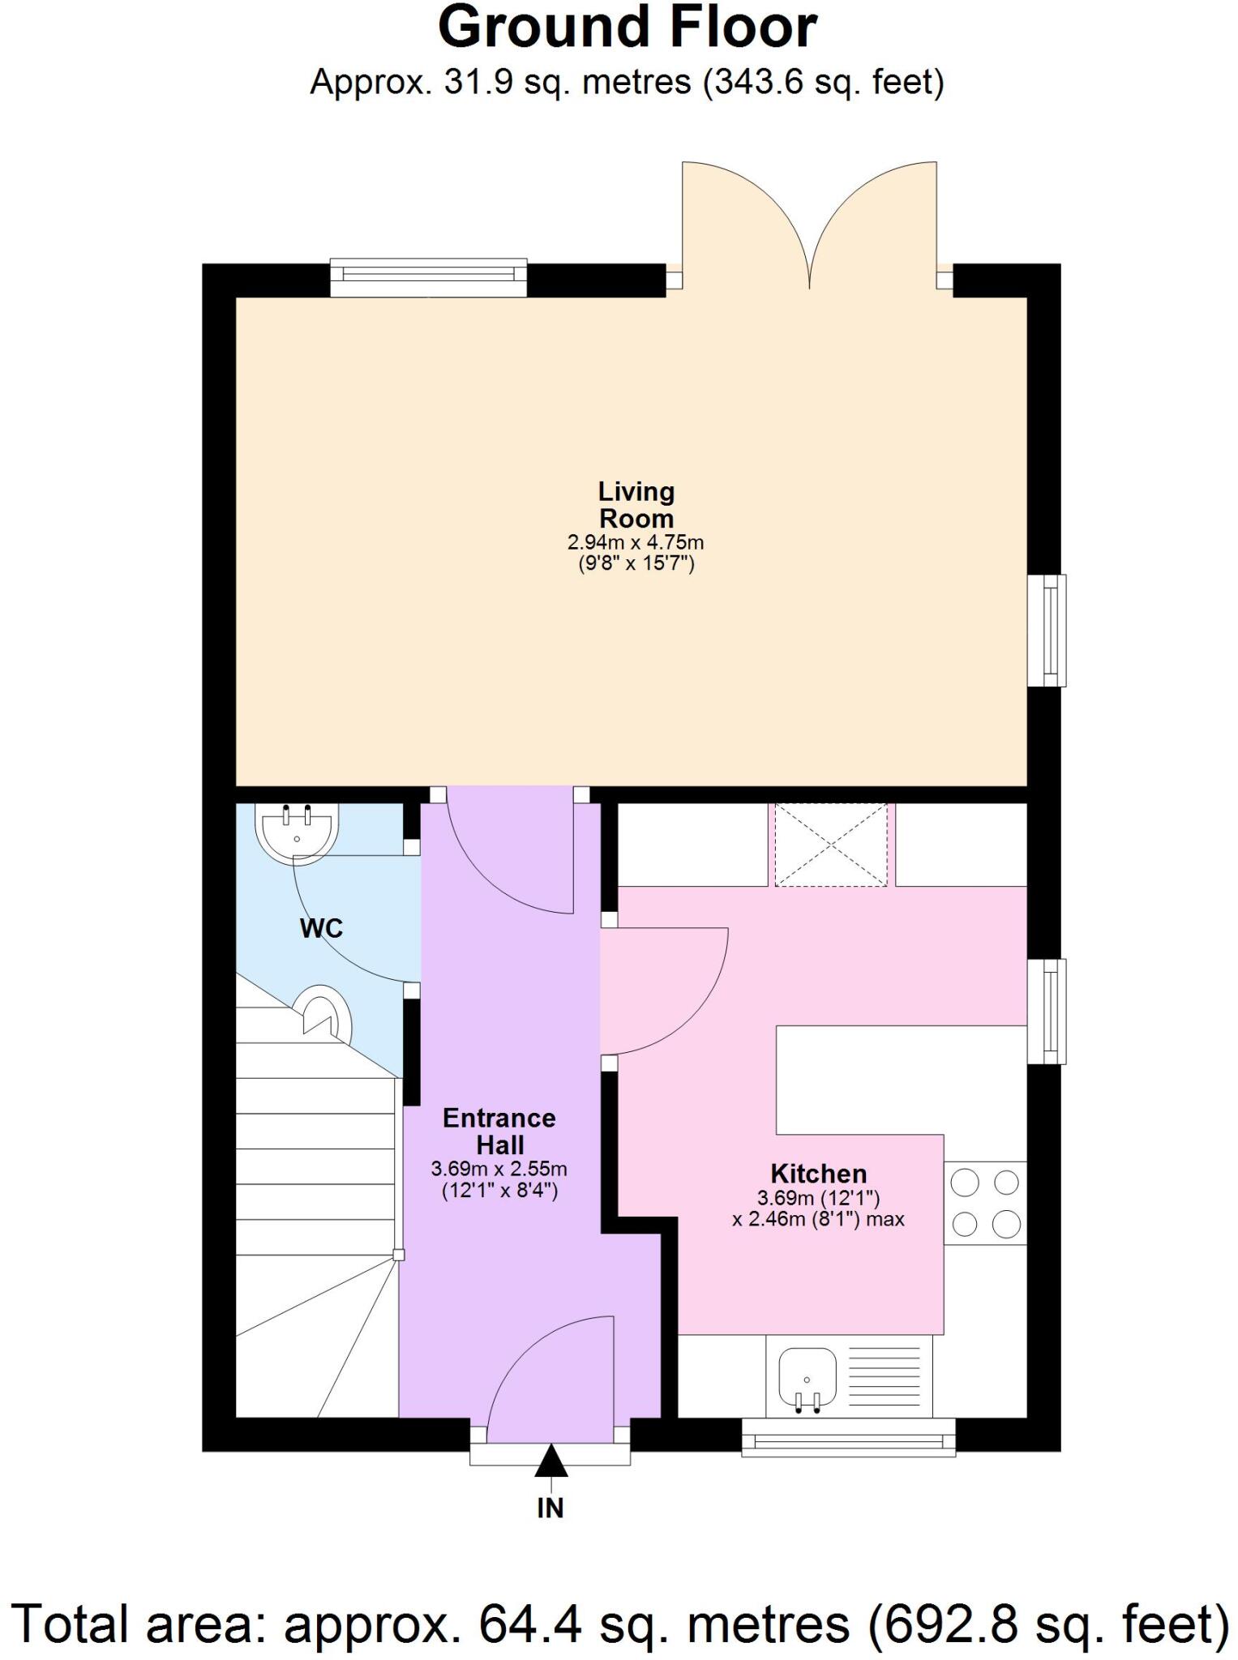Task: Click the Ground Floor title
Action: [627, 28]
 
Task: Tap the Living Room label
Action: [636, 505]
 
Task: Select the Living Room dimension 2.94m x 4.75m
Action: [636, 542]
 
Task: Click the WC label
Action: [322, 928]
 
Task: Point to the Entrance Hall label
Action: [499, 1132]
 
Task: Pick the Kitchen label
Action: [818, 1174]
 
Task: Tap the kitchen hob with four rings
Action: [985, 1203]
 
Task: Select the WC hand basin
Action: [297, 830]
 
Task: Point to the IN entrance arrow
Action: [551, 1461]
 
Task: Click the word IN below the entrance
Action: [550, 1508]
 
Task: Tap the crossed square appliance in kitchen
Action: [831, 845]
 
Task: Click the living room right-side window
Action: [1047, 631]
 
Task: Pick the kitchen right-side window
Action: [1047, 1011]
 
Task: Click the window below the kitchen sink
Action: [849, 1440]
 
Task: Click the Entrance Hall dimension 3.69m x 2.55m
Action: [499, 1169]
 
